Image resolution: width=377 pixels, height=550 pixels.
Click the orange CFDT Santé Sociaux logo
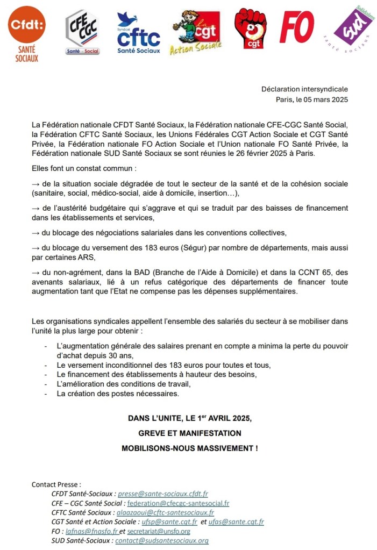click(27, 32)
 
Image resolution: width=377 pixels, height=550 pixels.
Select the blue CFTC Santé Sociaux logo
click(138, 33)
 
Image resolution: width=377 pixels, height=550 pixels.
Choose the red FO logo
click(297, 27)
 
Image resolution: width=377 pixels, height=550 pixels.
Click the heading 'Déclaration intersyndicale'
click(304, 89)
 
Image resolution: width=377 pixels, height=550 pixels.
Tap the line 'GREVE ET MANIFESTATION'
click(189, 433)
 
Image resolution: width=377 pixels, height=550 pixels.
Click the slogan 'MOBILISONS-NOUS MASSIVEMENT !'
click(189, 448)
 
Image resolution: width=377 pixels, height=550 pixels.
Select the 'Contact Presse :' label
click(56, 484)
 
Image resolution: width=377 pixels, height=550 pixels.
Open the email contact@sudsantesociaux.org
click(161, 541)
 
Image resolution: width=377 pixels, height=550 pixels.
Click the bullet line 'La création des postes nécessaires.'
click(117, 394)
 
